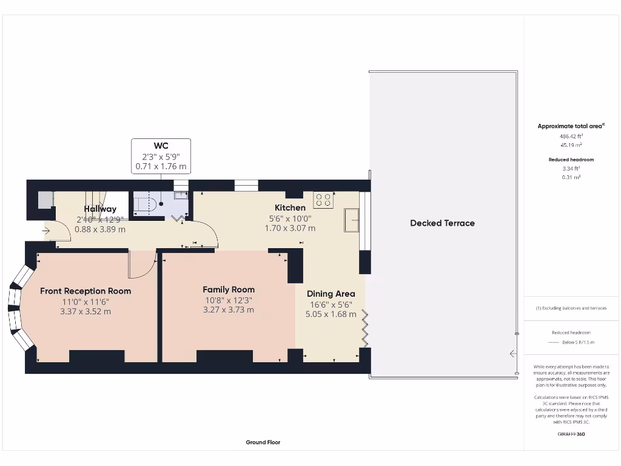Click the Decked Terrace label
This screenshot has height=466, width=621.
pos(442,223)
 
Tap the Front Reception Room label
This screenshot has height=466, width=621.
pos(86,291)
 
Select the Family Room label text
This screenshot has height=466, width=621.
pos(229,290)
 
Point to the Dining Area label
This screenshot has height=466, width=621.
pos(331,294)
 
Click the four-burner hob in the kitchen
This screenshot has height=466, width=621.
pos(322,200)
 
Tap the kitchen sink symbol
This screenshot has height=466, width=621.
pos(351,220)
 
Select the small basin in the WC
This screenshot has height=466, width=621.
pos(181,195)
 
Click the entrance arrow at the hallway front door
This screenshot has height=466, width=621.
pos(46,231)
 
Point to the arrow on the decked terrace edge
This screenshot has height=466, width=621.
pos(513,354)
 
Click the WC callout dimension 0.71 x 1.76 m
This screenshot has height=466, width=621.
pos(161,166)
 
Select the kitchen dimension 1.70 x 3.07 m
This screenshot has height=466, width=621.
pos(290,229)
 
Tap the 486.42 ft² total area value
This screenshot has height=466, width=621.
pos(571,137)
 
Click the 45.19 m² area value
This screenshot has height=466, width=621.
pos(571,146)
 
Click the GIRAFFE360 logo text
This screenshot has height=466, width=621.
pos(571,434)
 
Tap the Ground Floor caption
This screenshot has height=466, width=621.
pos(263,442)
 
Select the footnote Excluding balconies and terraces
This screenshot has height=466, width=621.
pos(571,308)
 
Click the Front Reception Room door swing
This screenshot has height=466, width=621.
pos(141,266)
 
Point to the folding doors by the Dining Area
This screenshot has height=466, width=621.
pos(365,328)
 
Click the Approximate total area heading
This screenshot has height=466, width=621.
pos(571,126)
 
